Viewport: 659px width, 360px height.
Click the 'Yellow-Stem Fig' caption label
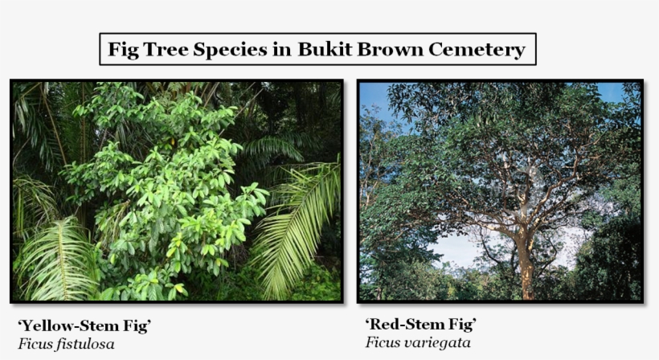coord(84,325)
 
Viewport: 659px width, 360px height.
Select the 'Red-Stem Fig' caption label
coord(420,324)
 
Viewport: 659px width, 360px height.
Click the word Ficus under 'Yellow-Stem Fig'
coord(36,344)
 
